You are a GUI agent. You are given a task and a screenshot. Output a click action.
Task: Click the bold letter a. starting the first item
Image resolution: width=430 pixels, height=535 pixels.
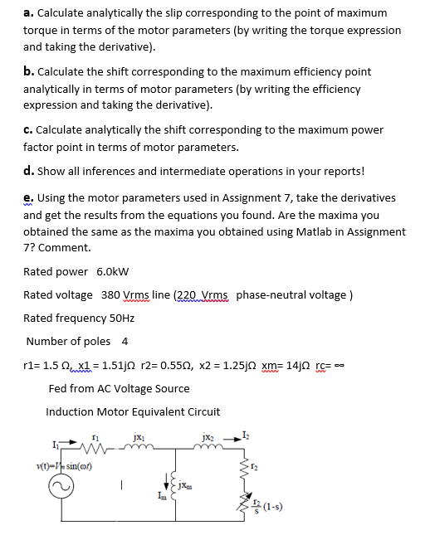tap(28, 12)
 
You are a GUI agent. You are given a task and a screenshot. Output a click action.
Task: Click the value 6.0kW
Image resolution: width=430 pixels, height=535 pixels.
tap(113, 271)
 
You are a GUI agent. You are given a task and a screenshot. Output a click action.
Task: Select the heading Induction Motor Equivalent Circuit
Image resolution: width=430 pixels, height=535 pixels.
tap(133, 411)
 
